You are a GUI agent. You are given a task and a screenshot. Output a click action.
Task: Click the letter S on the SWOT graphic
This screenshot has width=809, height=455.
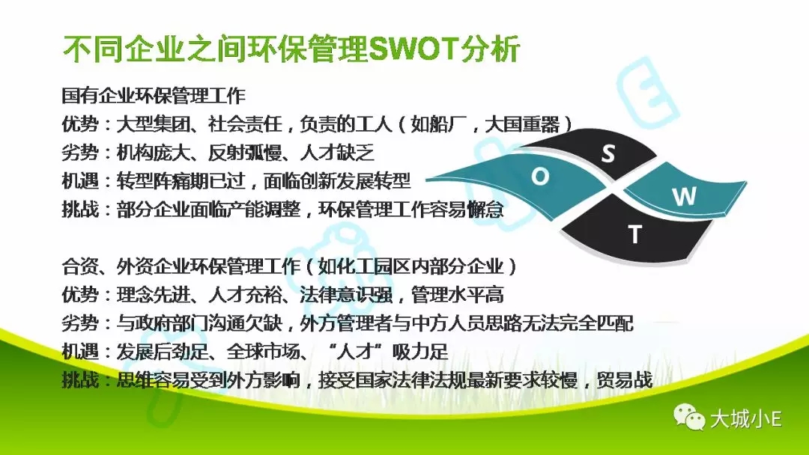[609, 153]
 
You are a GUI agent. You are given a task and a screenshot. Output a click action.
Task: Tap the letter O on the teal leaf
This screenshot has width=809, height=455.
[539, 177]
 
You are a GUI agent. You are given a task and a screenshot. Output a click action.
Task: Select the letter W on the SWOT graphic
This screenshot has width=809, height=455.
[684, 196]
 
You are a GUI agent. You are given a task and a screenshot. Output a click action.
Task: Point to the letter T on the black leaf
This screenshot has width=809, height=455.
[634, 234]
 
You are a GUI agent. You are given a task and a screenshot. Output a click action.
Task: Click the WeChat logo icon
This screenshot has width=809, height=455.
[689, 416]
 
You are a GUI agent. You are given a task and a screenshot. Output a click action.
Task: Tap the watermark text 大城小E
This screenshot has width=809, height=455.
[746, 418]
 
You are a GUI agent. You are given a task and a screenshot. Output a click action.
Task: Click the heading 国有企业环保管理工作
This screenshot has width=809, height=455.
[154, 96]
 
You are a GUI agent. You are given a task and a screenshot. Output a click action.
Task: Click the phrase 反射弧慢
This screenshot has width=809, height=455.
[245, 153]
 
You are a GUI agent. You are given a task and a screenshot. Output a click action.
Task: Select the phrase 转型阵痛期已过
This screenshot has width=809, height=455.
[181, 181]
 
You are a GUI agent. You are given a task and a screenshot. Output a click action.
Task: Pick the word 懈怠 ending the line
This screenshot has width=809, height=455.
[485, 210]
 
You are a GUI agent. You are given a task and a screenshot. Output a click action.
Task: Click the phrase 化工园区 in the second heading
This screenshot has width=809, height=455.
[374, 266]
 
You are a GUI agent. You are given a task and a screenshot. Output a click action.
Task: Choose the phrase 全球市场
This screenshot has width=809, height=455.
[263, 352]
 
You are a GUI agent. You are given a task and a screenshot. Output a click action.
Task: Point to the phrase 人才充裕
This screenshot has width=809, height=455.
[245, 295]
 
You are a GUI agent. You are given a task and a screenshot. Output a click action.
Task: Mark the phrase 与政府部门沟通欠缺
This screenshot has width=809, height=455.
[199, 323]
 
